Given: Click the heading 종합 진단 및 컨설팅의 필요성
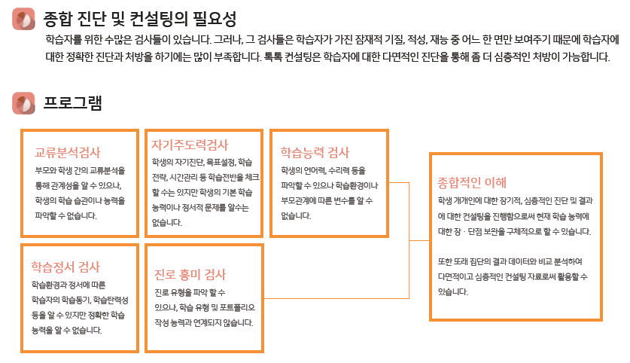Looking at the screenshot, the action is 140,19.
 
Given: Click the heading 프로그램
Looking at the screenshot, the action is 72,102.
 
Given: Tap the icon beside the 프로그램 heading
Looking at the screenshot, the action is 24,103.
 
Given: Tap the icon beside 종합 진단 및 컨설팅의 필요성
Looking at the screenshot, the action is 24,20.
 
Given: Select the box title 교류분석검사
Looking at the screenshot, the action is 68,151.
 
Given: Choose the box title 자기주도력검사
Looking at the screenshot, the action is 190,145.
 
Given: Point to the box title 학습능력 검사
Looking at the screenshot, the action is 315,152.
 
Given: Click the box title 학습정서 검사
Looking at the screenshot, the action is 65,267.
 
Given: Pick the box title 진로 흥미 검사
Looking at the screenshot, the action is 190,274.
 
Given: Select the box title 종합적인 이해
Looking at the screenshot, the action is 472,182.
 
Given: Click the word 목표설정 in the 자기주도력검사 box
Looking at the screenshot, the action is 221,162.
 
